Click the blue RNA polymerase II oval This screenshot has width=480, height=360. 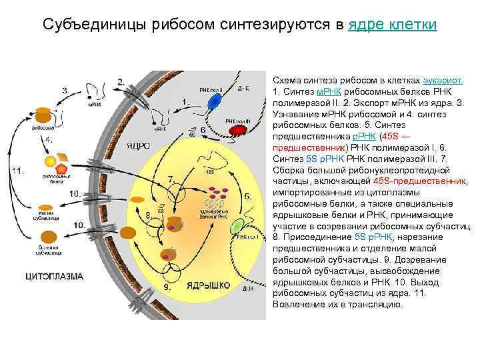[x=213, y=101]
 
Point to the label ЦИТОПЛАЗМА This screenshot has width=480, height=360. [x=55, y=275]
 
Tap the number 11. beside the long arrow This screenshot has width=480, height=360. [x=19, y=171]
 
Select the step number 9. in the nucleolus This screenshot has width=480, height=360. [x=167, y=287]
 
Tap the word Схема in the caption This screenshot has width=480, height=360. [x=287, y=78]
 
